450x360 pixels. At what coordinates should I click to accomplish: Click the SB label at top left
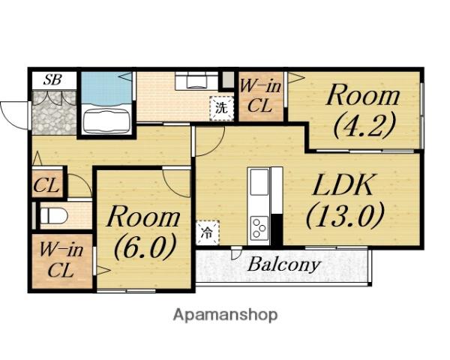coord(52,79)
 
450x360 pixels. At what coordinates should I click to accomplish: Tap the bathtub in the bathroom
coord(106,119)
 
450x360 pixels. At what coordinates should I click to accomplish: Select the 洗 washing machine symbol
coord(222,108)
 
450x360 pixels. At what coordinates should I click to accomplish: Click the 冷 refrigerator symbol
coord(207,232)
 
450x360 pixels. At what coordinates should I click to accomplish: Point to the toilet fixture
coord(53,215)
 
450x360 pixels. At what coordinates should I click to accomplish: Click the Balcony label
coord(283,265)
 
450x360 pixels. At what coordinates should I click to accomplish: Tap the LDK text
coord(343,184)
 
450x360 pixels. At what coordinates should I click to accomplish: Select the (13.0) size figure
coord(345,214)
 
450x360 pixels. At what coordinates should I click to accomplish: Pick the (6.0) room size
coord(145,246)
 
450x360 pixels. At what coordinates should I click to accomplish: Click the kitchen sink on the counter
coord(259,182)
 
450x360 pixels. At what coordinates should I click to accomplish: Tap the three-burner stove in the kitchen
coord(259,229)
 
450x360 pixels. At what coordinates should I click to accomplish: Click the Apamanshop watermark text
coord(225,315)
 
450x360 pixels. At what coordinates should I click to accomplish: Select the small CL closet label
coord(46,186)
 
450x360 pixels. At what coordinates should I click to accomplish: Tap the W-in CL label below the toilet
coord(61,260)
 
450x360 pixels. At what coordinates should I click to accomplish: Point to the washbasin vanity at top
coord(196,81)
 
